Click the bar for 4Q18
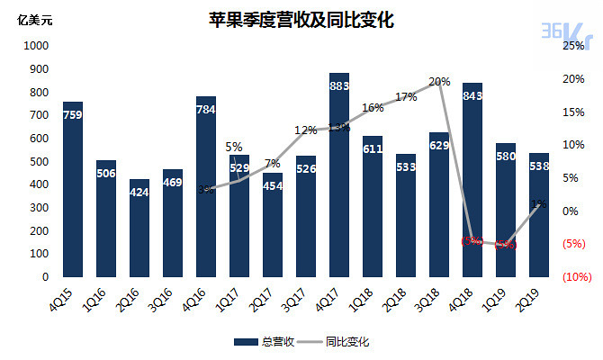click(x=472, y=180)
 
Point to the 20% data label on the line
click(x=439, y=82)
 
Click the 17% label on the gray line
click(x=406, y=97)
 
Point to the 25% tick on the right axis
click(x=573, y=45)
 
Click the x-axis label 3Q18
click(x=438, y=295)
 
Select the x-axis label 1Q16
click(x=104, y=295)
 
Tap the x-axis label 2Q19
click(x=538, y=295)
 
